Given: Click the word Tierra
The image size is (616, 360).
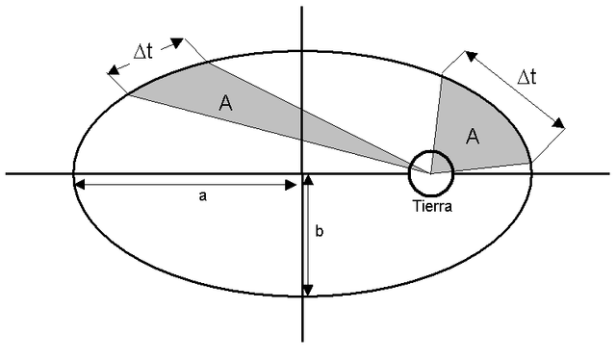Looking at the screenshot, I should point(429,205).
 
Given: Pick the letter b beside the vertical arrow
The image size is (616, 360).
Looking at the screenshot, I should point(320,232).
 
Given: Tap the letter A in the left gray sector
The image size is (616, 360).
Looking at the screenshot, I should point(225,104).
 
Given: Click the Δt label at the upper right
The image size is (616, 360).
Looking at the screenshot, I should point(526,78).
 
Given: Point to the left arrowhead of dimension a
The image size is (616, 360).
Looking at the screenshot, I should point(79,184).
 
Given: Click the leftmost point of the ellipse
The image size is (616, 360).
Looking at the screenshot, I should point(73,173).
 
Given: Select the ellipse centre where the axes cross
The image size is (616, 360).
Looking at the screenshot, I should point(302,173).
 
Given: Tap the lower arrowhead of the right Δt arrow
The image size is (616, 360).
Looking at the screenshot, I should point(559,123).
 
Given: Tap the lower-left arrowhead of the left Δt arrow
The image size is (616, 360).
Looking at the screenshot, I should point(114,70).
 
